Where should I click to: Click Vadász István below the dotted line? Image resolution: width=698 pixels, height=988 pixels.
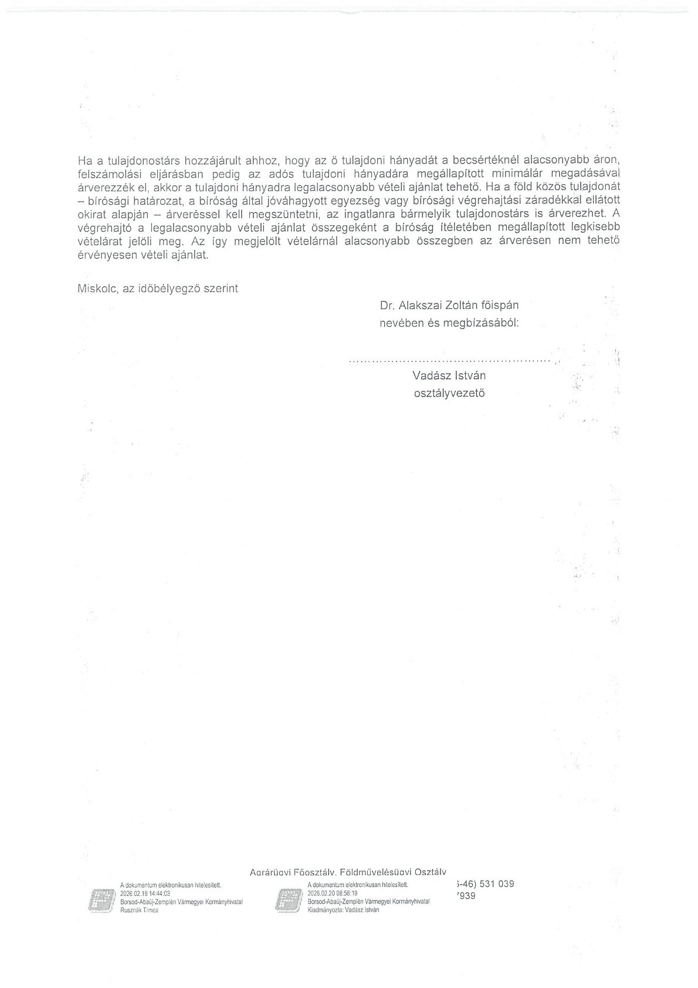tap(449, 375)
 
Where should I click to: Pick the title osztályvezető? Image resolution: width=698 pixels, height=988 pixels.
tap(449, 393)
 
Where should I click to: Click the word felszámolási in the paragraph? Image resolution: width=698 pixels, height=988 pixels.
tap(105, 174)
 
